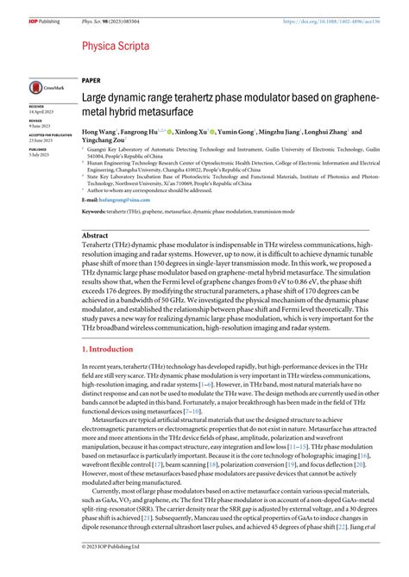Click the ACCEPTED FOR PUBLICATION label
pos(48,133)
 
